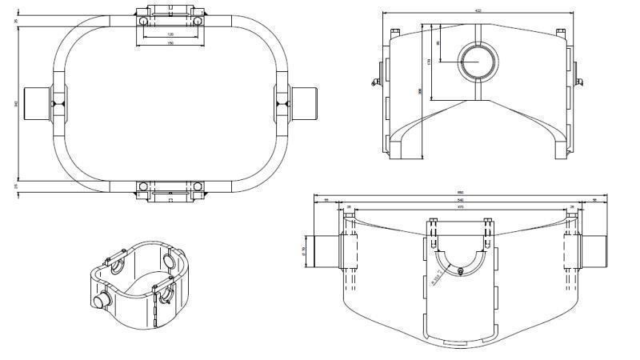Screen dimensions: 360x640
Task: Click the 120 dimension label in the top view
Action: pyautogui.click(x=170, y=35)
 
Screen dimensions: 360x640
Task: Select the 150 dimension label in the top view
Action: pyautogui.click(x=170, y=42)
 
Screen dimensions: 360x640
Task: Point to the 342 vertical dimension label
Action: pyautogui.click(x=15, y=103)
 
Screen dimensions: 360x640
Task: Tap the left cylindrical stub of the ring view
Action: pyautogui.click(x=37, y=103)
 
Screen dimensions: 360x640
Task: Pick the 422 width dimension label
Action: pyautogui.click(x=478, y=10)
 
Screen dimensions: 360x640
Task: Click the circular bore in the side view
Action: pyautogui.click(x=478, y=61)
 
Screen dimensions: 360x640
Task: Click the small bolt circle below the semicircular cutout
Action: pyautogui.click(x=461, y=270)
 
